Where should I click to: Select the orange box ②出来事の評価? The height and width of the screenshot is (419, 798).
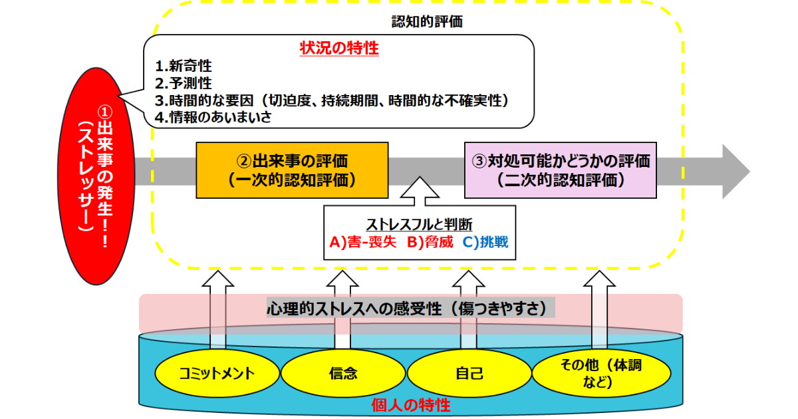[x=292, y=170]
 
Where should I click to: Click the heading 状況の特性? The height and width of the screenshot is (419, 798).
[x=339, y=49]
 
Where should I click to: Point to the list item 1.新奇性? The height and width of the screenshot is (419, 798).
[x=184, y=67]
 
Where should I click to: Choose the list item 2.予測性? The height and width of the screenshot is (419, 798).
[x=184, y=83]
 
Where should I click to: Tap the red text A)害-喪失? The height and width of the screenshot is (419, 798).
[x=363, y=241]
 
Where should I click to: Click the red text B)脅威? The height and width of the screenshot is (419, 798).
[x=430, y=241]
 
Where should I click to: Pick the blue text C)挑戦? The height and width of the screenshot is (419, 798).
[x=485, y=241]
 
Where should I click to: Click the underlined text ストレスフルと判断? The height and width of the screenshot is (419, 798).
[x=419, y=224]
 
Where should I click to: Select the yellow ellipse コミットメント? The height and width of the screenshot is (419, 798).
[x=216, y=372]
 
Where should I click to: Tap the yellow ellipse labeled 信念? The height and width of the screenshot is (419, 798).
[x=343, y=372]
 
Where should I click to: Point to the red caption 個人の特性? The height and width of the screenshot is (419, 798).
[x=410, y=405]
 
